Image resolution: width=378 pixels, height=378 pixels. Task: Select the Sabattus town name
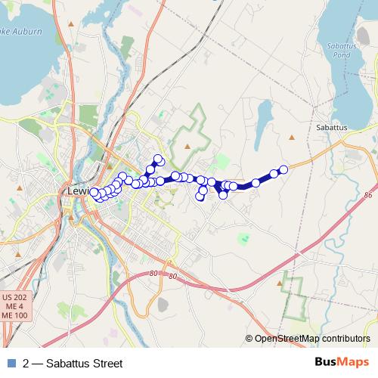click(x=330, y=128)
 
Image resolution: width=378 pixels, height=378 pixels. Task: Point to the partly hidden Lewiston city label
click(x=78, y=191)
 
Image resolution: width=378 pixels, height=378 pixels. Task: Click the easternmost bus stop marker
click(x=283, y=170)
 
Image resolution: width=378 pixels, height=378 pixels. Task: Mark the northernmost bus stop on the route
click(x=158, y=159)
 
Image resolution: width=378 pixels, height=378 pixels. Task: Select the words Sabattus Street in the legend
click(x=84, y=364)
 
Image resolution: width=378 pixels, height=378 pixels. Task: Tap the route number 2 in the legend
click(x=26, y=364)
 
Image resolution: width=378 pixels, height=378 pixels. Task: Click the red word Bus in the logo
click(x=327, y=363)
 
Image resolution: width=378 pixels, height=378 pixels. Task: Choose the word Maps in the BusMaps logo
click(x=354, y=363)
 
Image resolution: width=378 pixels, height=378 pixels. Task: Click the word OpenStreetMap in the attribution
click(x=287, y=339)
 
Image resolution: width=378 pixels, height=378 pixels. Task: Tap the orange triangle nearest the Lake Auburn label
click(x=70, y=24)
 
